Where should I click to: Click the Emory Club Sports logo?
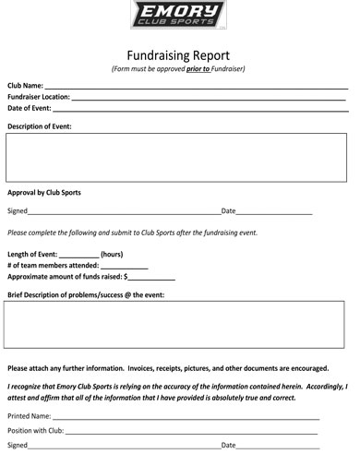[179, 15]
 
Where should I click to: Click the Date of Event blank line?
[198, 109]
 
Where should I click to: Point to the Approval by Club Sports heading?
[44, 193]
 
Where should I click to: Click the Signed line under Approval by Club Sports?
[124, 213]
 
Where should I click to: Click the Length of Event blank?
[79, 256]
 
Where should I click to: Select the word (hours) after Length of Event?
[112, 254]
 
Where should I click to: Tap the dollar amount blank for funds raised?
[152, 278]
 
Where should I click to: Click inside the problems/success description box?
[175, 323]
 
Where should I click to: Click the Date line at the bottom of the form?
[278, 447]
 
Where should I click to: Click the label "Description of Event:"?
[40, 125]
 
